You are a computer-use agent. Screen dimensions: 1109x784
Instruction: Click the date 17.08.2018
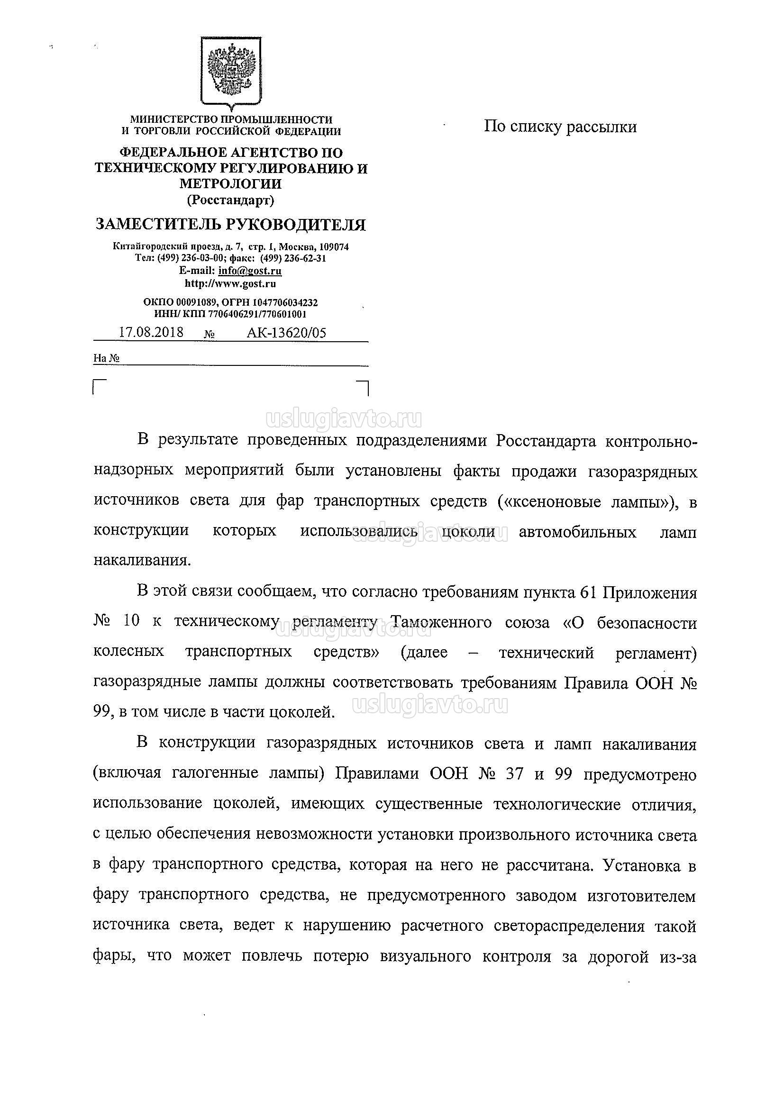(x=151, y=332)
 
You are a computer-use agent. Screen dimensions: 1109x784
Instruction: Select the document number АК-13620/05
(x=286, y=333)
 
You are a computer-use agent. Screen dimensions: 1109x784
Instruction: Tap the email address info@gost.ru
(x=250, y=271)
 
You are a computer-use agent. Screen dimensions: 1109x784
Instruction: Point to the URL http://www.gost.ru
(x=230, y=283)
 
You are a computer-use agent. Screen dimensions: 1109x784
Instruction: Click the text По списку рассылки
(x=560, y=127)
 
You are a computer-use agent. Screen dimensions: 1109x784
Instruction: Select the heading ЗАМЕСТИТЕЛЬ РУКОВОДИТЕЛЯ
(x=230, y=225)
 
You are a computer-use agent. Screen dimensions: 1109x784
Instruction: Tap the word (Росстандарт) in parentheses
(x=230, y=200)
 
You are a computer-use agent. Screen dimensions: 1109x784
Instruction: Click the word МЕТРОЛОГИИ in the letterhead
(x=230, y=183)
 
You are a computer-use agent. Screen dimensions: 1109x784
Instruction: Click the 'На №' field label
(x=106, y=358)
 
